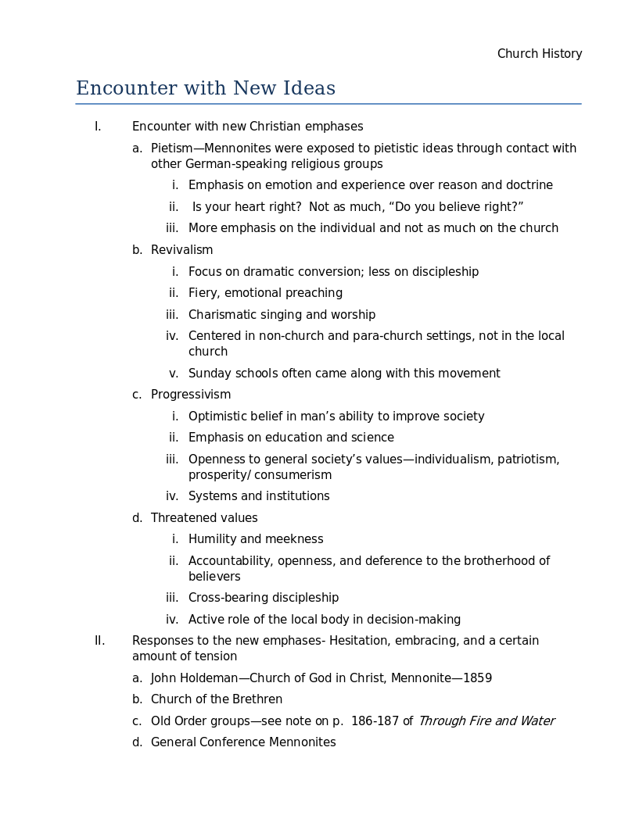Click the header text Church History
coord(540,54)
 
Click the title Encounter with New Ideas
coord(206,88)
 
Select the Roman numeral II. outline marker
coord(99,641)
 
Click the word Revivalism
coord(181,250)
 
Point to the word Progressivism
coord(191,395)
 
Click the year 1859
coord(477,678)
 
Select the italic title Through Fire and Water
coord(486,721)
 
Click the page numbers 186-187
coord(375,721)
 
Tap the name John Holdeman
coord(194,678)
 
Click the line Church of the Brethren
coord(217,699)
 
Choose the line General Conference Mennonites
coord(243,742)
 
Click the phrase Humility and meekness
coord(256,539)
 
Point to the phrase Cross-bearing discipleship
coord(264,598)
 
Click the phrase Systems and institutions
coord(259,496)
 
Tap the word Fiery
coord(204,293)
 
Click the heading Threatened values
coord(204,518)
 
